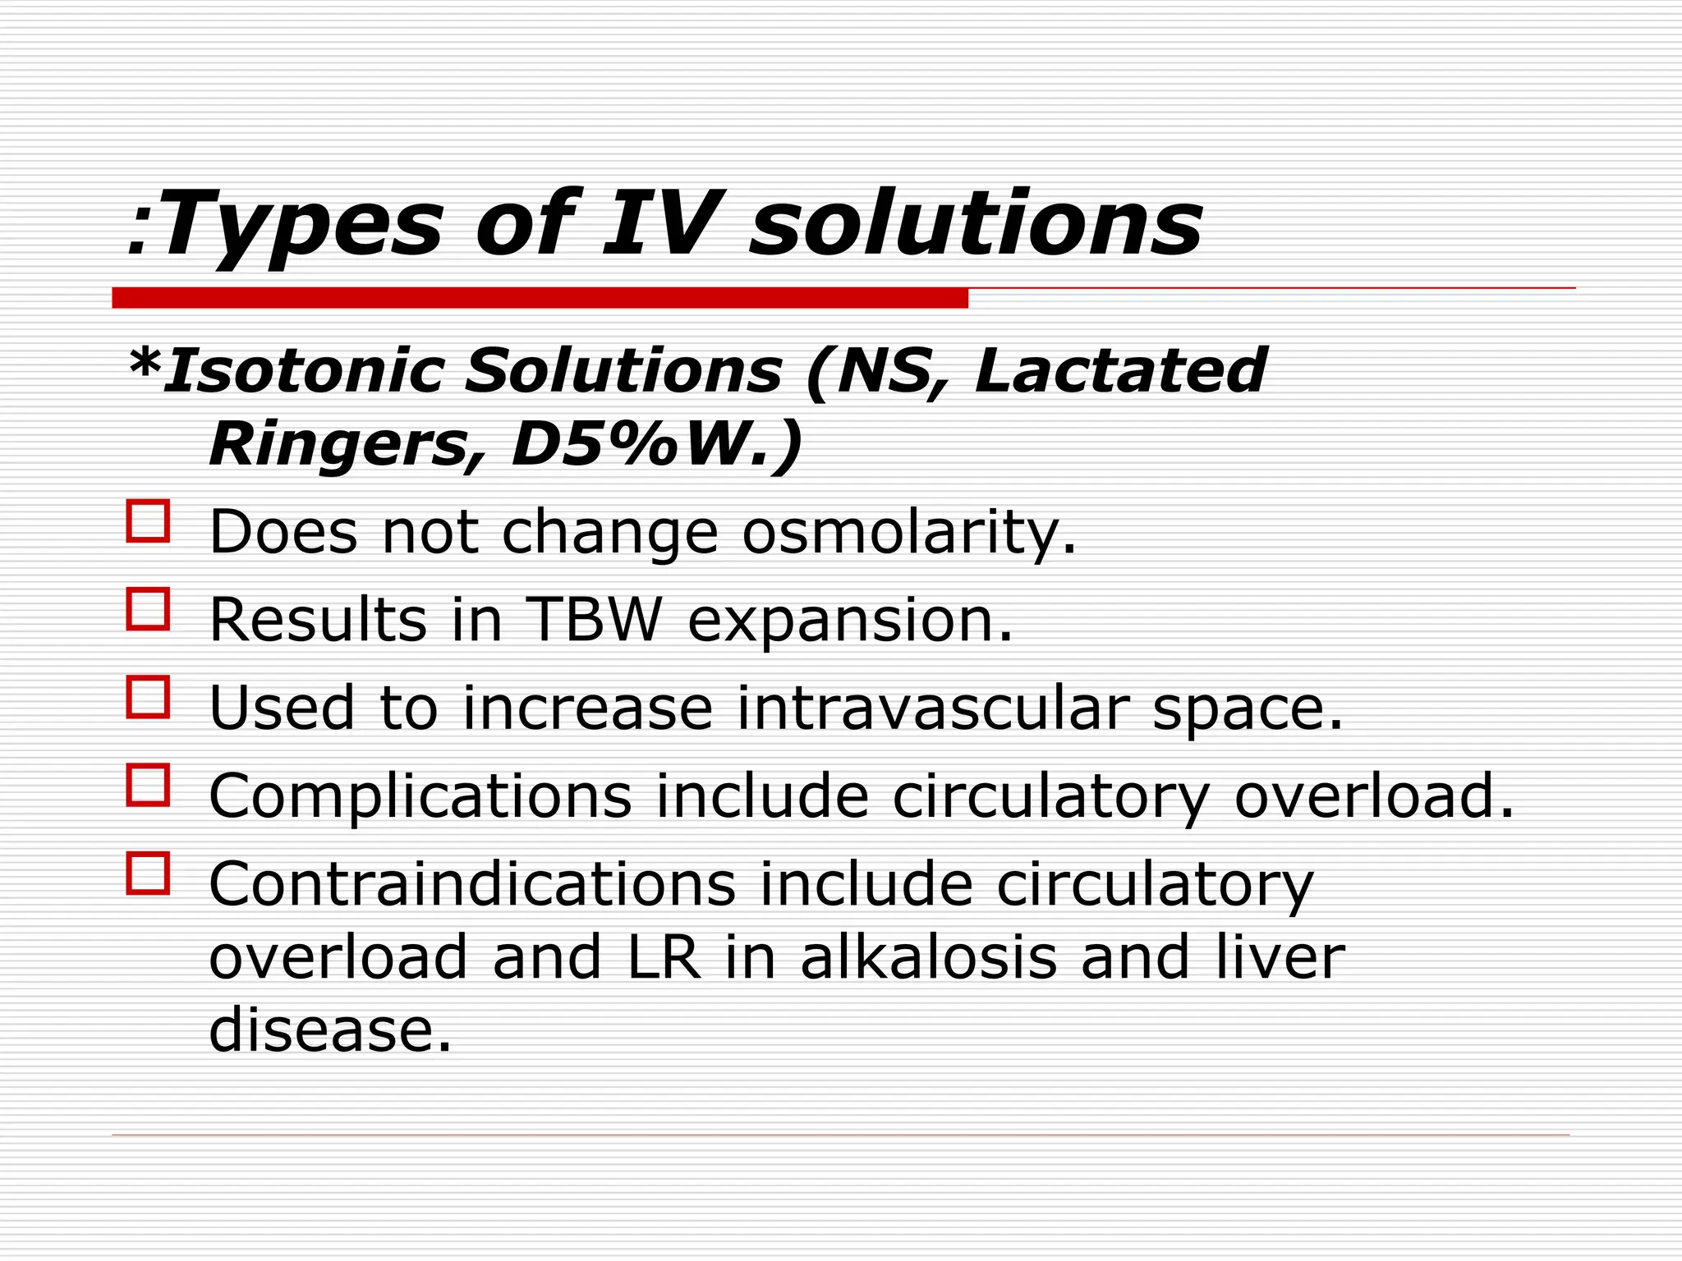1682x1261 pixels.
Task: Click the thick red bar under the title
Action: click(x=540, y=298)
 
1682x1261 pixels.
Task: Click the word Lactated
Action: click(x=1120, y=371)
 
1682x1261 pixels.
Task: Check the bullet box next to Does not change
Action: click(x=148, y=521)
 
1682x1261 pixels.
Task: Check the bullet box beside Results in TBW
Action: click(x=148, y=609)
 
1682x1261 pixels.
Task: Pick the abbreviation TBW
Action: click(x=593, y=620)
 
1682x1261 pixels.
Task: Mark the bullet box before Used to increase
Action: click(x=148, y=697)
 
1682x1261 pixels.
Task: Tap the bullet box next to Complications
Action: click(x=148, y=785)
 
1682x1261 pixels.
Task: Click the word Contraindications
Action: click(x=472, y=884)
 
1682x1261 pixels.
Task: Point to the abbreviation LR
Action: click(x=664, y=957)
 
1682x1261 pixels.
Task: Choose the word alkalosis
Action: click(x=928, y=957)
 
